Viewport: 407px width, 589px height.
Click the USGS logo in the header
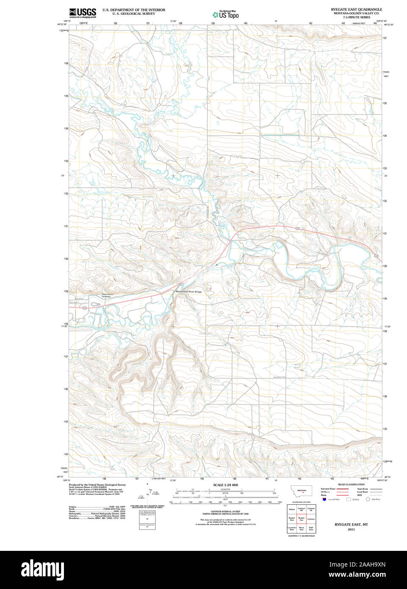coord(83,12)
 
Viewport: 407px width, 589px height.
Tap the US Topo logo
coord(225,14)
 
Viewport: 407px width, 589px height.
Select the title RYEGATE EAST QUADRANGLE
coord(356,9)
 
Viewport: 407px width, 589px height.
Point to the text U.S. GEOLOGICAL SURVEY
coord(133,14)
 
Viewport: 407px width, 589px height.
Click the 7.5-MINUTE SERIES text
coord(356,17)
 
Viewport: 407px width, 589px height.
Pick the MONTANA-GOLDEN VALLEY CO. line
coord(356,13)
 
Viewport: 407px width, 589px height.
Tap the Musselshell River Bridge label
coord(189,292)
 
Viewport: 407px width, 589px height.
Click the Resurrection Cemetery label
coord(107,295)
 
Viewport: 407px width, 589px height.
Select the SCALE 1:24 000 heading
coord(225,485)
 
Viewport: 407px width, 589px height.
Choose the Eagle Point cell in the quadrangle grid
coord(311,528)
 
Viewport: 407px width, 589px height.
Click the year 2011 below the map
coord(351,529)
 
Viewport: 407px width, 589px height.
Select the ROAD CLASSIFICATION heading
coord(351,484)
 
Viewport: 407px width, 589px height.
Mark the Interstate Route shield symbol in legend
coord(324,500)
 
